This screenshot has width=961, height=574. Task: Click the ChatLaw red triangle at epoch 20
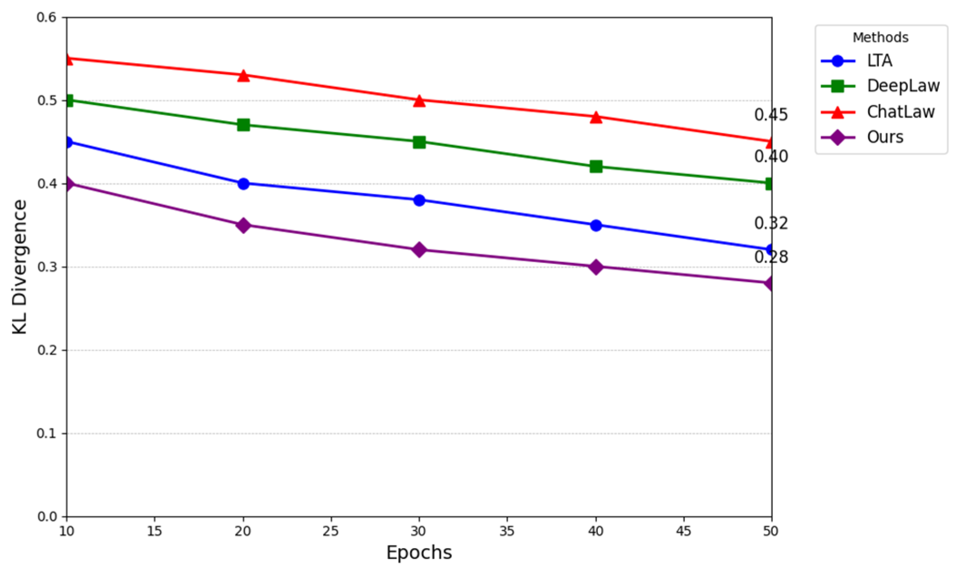click(x=243, y=75)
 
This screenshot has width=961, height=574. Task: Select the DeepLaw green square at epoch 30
click(x=419, y=142)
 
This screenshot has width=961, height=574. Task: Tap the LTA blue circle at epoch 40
click(x=596, y=225)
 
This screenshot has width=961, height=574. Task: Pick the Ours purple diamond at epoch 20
click(x=243, y=225)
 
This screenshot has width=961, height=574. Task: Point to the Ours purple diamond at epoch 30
click(x=419, y=250)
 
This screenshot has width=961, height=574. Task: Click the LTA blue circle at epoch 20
click(x=243, y=183)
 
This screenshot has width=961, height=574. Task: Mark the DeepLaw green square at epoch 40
click(x=596, y=167)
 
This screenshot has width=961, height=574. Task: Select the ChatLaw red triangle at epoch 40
click(x=596, y=117)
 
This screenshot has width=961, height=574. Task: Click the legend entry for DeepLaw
click(x=903, y=86)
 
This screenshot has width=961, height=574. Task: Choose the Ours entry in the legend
click(x=884, y=137)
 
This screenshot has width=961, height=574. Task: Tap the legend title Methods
click(x=880, y=38)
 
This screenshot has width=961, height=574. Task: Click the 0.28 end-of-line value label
click(x=771, y=257)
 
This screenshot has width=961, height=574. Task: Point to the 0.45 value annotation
click(x=771, y=115)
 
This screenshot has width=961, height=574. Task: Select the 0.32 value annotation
click(x=771, y=223)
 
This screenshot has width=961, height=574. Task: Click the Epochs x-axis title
click(x=419, y=553)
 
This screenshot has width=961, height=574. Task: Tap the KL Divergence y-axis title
click(x=20, y=267)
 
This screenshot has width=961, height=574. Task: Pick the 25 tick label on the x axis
click(x=331, y=531)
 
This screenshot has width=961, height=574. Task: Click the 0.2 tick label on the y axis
click(x=47, y=350)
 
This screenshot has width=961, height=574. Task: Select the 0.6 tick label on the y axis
click(x=47, y=17)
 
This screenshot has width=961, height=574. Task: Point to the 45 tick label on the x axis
click(x=683, y=531)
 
